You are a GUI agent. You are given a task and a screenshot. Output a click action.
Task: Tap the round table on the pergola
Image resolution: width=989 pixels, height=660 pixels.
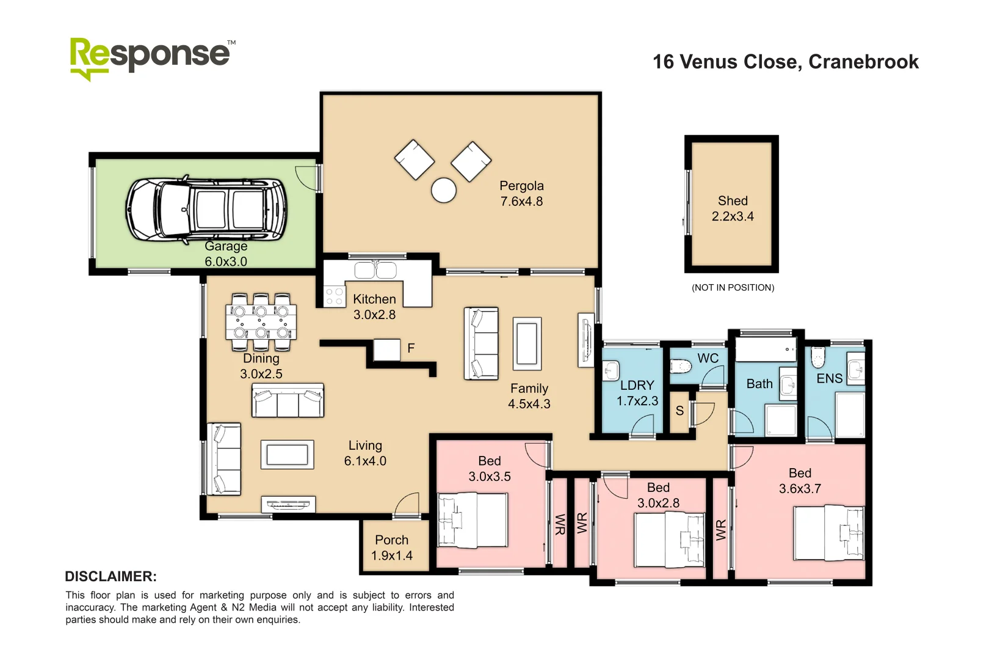(444, 190)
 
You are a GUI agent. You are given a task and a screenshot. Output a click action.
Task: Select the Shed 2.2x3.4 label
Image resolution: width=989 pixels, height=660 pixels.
(733, 208)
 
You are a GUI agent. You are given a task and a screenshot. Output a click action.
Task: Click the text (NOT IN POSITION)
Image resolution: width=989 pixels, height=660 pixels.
(733, 288)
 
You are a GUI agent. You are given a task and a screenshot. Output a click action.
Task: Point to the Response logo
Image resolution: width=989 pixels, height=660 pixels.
(151, 57)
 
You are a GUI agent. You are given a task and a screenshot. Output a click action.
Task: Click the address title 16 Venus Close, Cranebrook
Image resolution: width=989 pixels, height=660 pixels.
(785, 62)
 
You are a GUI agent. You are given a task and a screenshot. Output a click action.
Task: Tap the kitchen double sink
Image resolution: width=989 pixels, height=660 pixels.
(375, 269)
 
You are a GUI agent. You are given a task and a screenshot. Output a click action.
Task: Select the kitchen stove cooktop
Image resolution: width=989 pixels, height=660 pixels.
(334, 296)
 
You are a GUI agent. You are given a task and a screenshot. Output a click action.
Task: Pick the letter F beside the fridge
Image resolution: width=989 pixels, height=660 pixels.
(411, 348)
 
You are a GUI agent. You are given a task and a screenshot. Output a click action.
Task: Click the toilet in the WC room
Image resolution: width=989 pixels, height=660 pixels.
(680, 367)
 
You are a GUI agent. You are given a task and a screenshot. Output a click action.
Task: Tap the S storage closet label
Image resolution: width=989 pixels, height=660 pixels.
(679, 411)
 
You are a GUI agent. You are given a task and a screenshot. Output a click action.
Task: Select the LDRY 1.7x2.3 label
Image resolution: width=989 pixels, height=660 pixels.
(637, 393)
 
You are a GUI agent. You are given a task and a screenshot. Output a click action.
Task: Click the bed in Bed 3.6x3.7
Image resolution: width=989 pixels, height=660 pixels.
(828, 533)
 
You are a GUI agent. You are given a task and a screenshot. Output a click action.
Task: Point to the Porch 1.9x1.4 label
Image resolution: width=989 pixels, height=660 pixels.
(392, 548)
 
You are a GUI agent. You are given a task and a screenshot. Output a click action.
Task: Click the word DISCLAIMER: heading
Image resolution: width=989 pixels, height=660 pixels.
(110, 576)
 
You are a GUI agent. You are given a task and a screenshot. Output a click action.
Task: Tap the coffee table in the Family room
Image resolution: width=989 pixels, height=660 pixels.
(527, 343)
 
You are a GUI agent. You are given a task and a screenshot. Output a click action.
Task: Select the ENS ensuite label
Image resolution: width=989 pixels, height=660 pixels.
(829, 379)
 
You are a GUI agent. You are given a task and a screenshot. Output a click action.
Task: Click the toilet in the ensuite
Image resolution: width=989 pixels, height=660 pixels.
(818, 357)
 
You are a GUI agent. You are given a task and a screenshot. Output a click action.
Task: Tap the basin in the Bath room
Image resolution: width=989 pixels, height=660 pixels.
(788, 385)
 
